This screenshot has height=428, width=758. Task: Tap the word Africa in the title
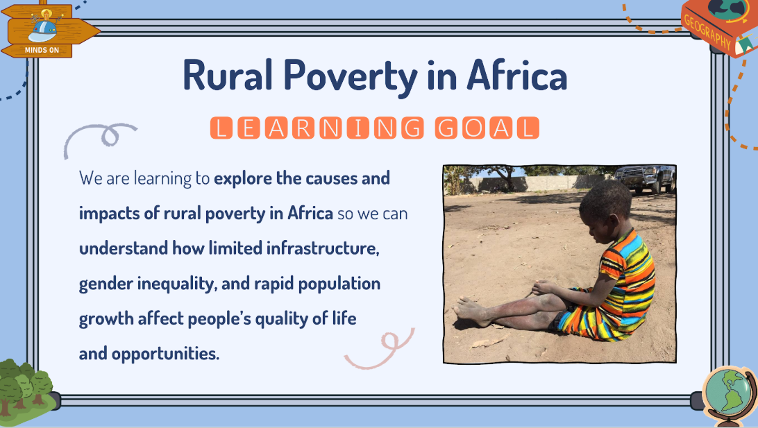516,75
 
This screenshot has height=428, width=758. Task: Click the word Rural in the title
228,75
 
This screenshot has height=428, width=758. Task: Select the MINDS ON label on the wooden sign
42,50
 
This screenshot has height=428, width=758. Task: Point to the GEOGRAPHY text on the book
708,31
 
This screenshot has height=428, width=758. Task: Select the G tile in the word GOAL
446,128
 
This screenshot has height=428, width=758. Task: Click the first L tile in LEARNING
221,128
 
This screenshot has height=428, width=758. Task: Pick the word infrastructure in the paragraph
323,248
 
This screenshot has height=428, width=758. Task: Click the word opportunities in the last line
165,354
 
